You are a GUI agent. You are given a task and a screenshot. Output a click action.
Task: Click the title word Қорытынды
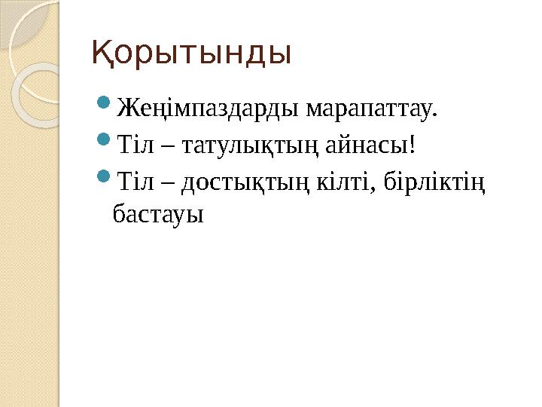pyautogui.click(x=191, y=54)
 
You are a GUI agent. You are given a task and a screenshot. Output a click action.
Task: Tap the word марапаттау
pyautogui.click(x=368, y=112)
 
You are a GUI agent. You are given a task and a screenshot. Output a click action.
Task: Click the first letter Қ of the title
pyautogui.click(x=101, y=54)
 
